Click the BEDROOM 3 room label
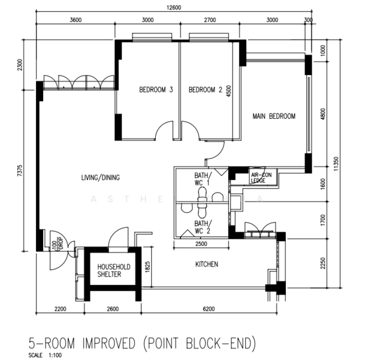[156, 90]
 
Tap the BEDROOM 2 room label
[206, 90]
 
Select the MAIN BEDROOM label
[274, 116]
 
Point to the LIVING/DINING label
[101, 178]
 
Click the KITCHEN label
[206, 264]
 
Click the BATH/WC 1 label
[202, 179]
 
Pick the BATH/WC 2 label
[202, 227]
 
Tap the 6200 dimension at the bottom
[209, 309]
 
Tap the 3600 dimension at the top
[76, 19]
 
